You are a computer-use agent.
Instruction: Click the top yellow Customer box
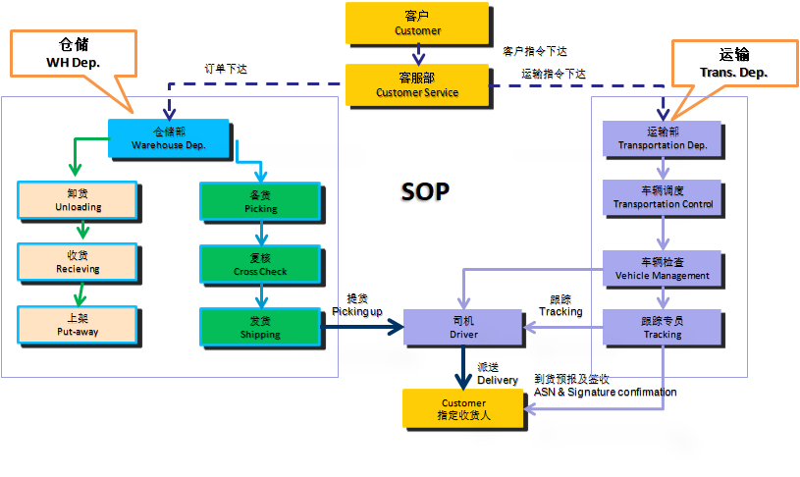[x=417, y=23]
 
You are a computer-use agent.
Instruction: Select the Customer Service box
[x=417, y=85]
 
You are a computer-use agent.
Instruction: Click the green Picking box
[x=260, y=201]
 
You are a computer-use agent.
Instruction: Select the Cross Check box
[x=260, y=264]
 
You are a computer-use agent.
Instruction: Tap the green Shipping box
[x=260, y=327]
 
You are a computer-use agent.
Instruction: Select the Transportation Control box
[x=662, y=197]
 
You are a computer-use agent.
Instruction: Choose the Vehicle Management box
[x=662, y=269]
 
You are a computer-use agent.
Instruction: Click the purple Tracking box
[x=662, y=327]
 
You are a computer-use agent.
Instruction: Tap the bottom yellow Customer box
[x=462, y=408]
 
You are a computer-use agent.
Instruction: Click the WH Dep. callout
[x=74, y=54]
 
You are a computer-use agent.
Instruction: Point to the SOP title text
[x=425, y=191]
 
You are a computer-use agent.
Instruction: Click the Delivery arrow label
[x=498, y=374]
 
